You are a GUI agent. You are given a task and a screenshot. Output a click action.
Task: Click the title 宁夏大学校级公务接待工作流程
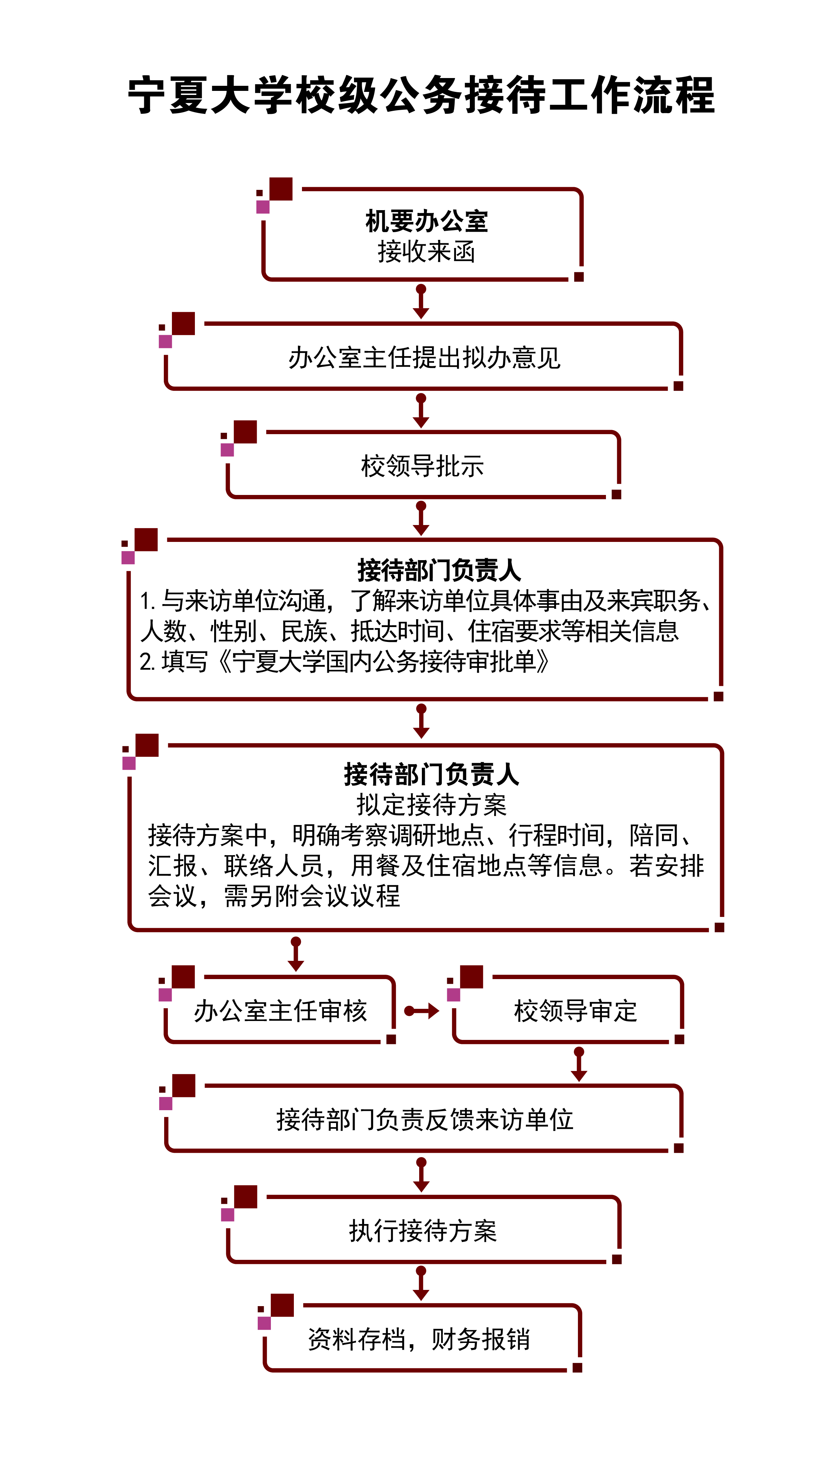pos(421,95)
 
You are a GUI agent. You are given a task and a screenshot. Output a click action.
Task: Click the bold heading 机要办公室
pos(427,221)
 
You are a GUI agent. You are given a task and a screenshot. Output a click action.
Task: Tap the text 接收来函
pos(427,251)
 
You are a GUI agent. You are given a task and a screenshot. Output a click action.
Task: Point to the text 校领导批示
pos(423,466)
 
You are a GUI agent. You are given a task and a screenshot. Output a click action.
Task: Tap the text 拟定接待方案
pos(431,804)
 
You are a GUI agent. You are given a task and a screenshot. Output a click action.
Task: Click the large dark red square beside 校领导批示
pos(246,432)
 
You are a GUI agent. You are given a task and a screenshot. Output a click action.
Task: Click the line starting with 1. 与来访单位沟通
pos(426,600)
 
